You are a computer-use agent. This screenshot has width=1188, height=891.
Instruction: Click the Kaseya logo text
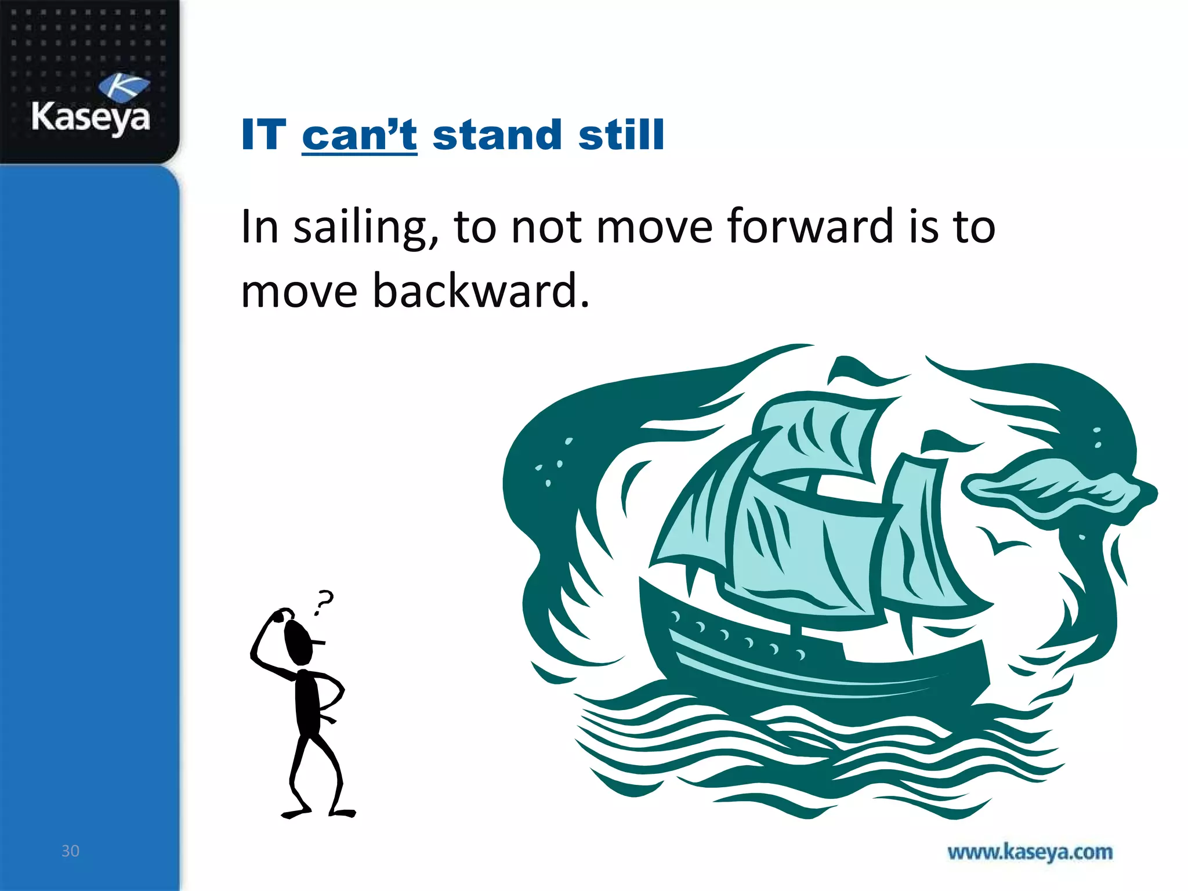pyautogui.click(x=90, y=118)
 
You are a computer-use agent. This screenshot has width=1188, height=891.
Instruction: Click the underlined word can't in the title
pyautogui.click(x=359, y=135)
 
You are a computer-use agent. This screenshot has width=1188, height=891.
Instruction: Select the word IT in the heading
pyautogui.click(x=263, y=135)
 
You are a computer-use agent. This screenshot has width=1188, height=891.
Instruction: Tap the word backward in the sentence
pyautogui.click(x=476, y=290)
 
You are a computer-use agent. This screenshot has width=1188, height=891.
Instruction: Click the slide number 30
pyautogui.click(x=70, y=851)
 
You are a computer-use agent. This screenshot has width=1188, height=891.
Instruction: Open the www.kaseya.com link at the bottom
pyautogui.click(x=1030, y=852)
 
